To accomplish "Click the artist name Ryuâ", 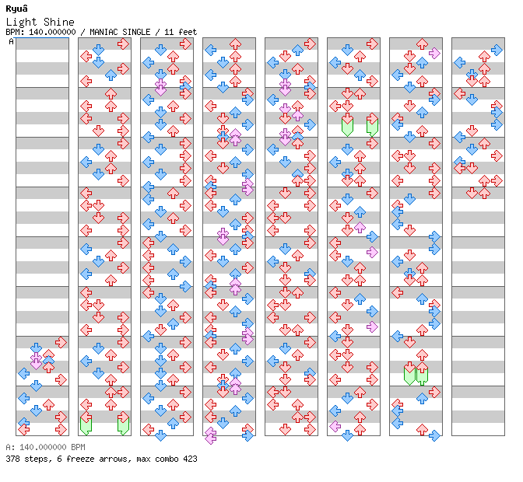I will coord(17,9).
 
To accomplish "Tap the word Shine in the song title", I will coord(60,22).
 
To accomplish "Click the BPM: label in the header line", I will coord(15,32).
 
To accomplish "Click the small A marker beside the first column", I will coord(11,42).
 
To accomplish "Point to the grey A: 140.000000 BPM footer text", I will coord(44,448).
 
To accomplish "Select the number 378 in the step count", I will coord(13,459).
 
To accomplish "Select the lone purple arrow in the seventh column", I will coord(434,53).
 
